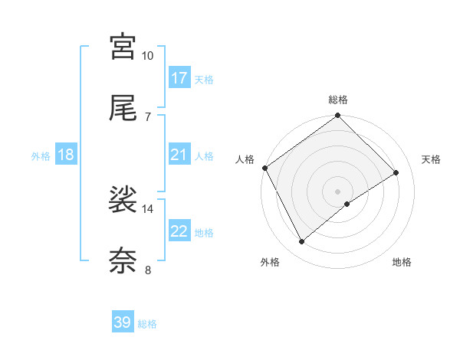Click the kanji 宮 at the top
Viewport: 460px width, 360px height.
point(123,47)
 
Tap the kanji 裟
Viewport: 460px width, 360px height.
point(123,201)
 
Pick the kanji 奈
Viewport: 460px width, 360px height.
point(123,261)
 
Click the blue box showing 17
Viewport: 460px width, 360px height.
point(179,78)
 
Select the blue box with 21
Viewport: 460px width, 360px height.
point(179,155)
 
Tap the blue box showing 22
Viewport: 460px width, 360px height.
point(179,231)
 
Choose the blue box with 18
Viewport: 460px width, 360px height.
point(66,155)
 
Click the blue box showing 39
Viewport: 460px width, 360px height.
point(123,322)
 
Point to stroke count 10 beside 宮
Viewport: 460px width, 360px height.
point(148,56)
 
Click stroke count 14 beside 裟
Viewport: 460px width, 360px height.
point(148,208)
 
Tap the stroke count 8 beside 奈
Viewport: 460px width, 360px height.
point(148,270)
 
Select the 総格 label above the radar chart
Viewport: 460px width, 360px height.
point(338,100)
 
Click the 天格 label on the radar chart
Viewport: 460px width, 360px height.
point(432,159)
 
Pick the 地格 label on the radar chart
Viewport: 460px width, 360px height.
point(402,262)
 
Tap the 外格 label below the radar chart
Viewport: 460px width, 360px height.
point(270,262)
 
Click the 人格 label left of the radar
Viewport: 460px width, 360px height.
point(245,159)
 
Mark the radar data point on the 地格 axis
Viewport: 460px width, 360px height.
point(347,204)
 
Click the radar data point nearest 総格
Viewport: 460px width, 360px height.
point(338,116)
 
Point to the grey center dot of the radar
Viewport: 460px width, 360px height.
point(338,191)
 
